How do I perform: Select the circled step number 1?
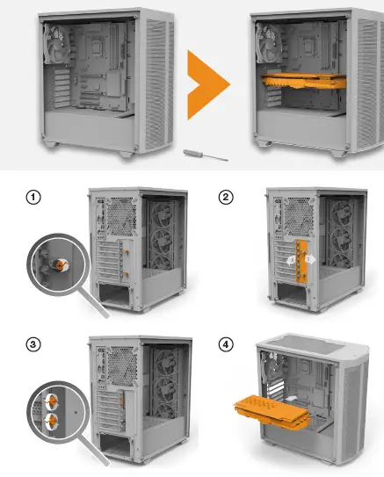33,197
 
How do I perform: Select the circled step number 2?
226,197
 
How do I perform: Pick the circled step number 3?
33,343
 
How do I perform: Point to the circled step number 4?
226,343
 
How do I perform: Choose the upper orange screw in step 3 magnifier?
52,400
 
